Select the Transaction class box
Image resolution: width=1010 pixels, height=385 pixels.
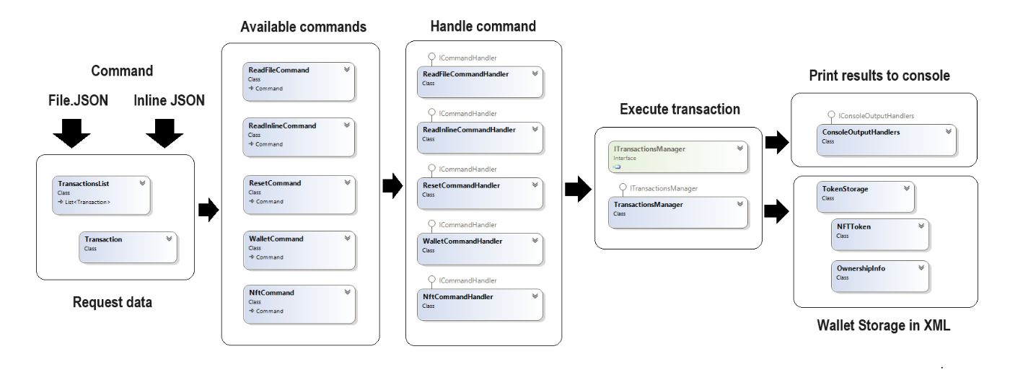tap(128, 247)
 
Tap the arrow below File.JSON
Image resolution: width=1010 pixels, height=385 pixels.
tap(71, 133)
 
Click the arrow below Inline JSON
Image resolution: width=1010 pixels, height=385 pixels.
tap(166, 133)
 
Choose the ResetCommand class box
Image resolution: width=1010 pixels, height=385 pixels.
tap(298, 194)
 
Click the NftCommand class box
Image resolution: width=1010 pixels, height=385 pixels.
tap(298, 304)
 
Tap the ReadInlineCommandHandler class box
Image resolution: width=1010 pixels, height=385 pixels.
tap(480, 136)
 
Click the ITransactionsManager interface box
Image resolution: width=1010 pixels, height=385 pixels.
tap(678, 156)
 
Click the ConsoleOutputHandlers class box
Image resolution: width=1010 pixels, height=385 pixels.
tap(886, 139)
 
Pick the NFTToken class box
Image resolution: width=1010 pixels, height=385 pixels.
tap(880, 234)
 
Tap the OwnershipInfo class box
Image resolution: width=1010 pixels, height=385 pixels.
tap(880, 275)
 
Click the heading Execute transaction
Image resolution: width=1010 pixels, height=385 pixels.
tap(680, 110)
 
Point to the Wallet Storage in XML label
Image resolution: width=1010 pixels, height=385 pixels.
tap(883, 326)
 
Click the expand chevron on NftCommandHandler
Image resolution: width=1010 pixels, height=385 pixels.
tap(535, 295)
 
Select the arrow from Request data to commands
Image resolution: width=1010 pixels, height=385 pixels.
tap(208, 211)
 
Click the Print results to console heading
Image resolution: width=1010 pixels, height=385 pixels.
tap(879, 76)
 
